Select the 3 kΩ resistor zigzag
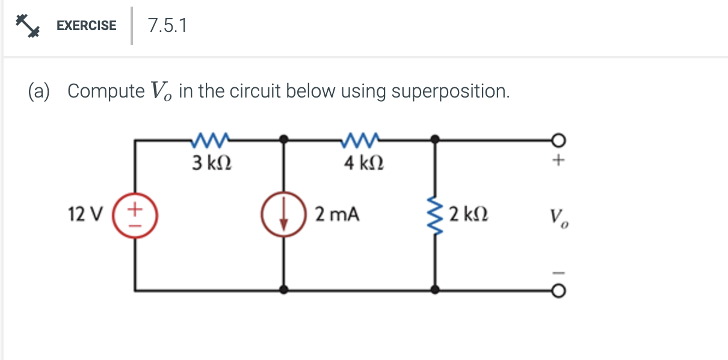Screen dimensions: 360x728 pyautogui.click(x=209, y=141)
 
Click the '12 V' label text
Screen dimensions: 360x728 pyautogui.click(x=85, y=214)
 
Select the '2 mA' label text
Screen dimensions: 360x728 pyautogui.click(x=337, y=214)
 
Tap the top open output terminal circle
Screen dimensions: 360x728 pyautogui.click(x=558, y=140)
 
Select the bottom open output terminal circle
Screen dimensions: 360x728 pyautogui.click(x=558, y=291)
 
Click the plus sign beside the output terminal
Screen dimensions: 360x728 pyautogui.click(x=559, y=161)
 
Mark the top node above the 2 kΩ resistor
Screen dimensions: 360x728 pyautogui.click(x=434, y=140)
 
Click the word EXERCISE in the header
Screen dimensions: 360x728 pyautogui.click(x=86, y=25)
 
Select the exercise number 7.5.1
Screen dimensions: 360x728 pyautogui.click(x=167, y=25)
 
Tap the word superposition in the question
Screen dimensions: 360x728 pyautogui.click(x=449, y=92)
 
